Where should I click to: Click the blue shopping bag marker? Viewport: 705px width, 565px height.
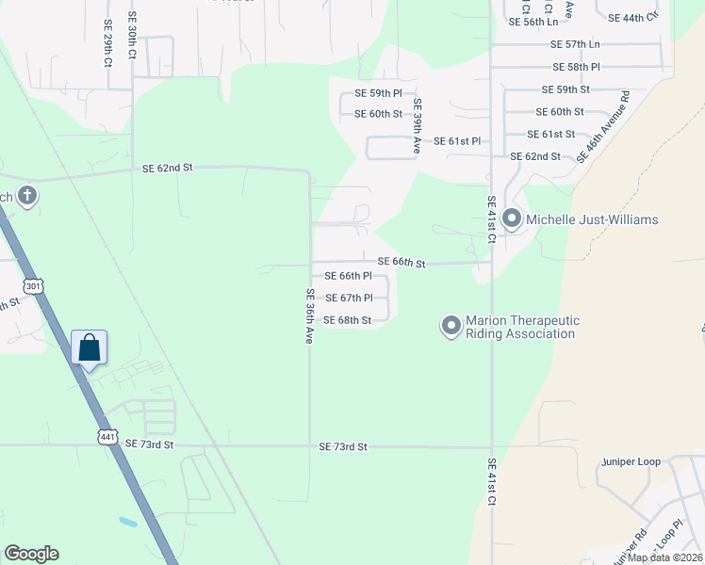(89, 348)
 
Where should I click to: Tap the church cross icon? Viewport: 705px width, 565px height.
(28, 196)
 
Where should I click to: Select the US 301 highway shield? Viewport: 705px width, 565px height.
(34, 286)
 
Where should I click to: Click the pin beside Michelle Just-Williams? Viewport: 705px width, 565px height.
(512, 219)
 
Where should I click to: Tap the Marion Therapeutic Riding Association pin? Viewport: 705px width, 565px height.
(451, 326)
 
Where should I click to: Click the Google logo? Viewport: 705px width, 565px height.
(31, 554)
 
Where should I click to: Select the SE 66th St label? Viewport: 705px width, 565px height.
(402, 262)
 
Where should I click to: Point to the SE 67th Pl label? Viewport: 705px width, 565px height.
(348, 298)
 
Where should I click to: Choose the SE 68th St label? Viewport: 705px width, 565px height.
(347, 320)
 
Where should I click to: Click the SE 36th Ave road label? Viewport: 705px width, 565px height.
(308, 315)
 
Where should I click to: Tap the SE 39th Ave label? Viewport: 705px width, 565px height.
(417, 126)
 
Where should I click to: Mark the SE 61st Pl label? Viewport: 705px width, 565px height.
(456, 141)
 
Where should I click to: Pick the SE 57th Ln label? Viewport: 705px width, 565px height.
(575, 44)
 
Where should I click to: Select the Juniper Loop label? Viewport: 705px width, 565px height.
(631, 463)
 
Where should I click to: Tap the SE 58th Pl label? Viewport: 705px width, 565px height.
(577, 67)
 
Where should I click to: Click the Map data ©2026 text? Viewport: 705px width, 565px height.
(665, 557)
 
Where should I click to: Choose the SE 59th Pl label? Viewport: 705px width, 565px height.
(378, 93)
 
